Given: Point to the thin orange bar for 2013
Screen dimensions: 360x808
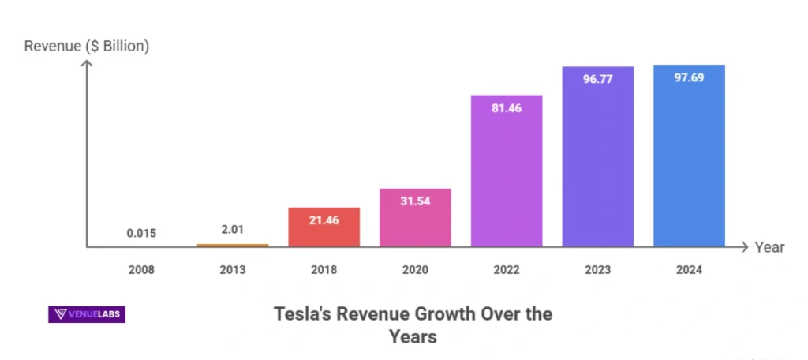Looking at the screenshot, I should pyautogui.click(x=233, y=246).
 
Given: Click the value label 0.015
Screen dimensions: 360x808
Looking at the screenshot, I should pyautogui.click(x=141, y=233).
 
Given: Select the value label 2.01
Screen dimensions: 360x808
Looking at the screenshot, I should pyautogui.click(x=233, y=230).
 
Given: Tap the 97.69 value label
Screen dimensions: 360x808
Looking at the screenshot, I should pyautogui.click(x=689, y=79).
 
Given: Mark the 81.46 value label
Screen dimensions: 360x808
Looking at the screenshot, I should pyautogui.click(x=507, y=108).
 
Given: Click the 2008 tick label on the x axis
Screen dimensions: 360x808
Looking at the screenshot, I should pyautogui.click(x=141, y=270).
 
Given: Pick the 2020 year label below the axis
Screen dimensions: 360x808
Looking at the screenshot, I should pyautogui.click(x=415, y=270).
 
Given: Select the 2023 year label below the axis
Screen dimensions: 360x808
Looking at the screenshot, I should pyautogui.click(x=597, y=270).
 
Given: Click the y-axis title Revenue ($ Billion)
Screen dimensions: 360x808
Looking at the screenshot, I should pyautogui.click(x=87, y=46).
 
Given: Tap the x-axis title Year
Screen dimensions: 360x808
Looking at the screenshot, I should pyautogui.click(x=769, y=247).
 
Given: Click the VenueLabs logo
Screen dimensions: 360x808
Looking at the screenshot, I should pyautogui.click(x=87, y=314).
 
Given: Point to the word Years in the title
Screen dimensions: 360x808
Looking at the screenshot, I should pyautogui.click(x=413, y=337).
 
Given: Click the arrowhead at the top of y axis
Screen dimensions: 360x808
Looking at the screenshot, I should pyautogui.click(x=87, y=63).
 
